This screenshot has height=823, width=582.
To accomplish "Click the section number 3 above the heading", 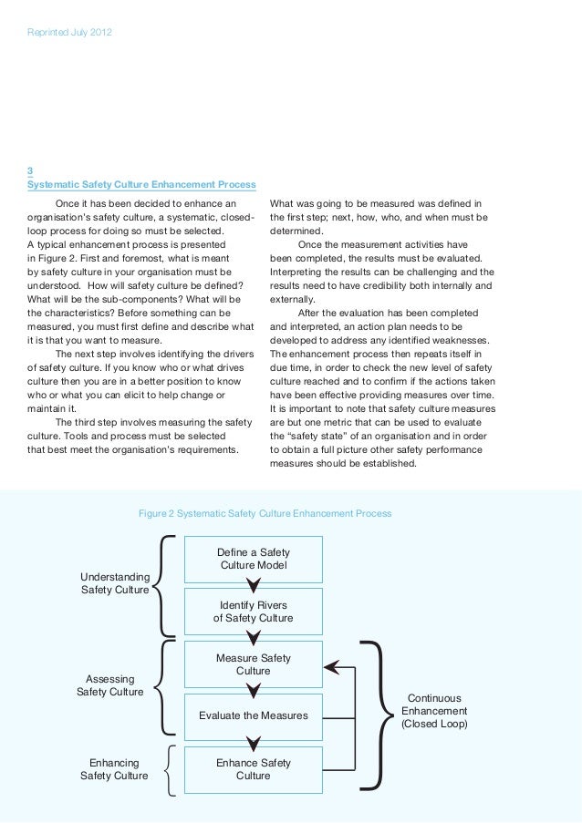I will point(31,170).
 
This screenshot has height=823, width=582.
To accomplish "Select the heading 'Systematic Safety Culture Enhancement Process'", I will point(141,184).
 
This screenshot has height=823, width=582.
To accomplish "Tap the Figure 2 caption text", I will point(265,514).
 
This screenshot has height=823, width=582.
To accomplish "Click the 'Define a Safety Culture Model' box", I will point(253,559).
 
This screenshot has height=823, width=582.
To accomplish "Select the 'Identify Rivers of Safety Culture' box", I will point(253,612).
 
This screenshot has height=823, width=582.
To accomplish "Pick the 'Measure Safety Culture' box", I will point(253,664).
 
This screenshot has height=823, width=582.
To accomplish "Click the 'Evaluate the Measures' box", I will point(253,715).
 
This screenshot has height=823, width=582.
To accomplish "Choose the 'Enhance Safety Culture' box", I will point(253,769).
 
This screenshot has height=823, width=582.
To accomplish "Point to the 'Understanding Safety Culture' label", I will point(115,583).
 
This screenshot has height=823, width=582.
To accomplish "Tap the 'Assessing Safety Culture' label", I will point(110,685).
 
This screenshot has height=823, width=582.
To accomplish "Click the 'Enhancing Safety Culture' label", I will point(114,769).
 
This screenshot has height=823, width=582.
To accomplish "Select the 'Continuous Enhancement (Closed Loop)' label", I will point(434,711).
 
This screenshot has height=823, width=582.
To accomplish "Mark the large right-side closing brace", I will point(374,711).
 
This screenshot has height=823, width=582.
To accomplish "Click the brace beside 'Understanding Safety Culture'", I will point(165,583).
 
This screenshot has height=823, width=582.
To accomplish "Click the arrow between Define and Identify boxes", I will point(253,585).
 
